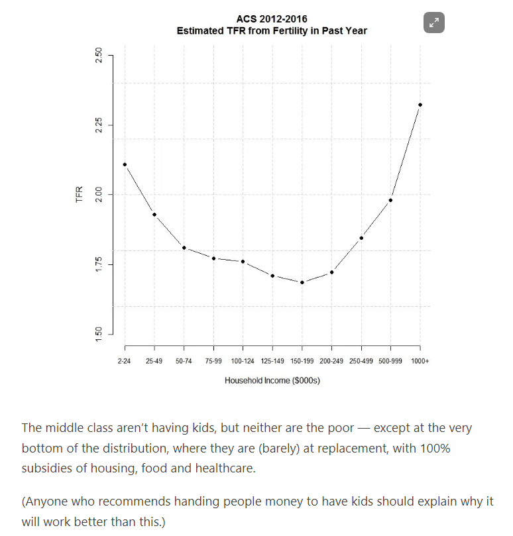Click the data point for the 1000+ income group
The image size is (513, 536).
(x=420, y=105)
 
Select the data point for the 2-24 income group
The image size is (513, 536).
(x=125, y=164)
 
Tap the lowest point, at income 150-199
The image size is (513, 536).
(x=302, y=282)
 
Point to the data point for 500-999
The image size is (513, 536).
(x=390, y=200)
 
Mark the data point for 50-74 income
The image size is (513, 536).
(x=184, y=248)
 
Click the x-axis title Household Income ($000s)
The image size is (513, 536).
(x=272, y=381)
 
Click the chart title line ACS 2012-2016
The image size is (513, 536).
(x=272, y=19)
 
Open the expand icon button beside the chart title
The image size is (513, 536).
(x=434, y=23)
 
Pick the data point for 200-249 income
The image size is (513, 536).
(x=331, y=272)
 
